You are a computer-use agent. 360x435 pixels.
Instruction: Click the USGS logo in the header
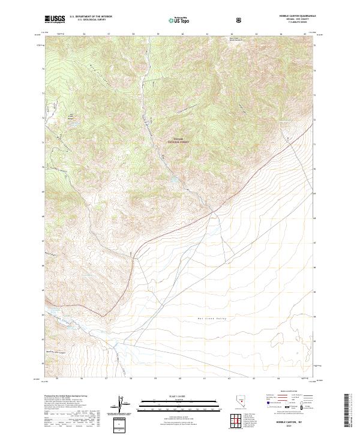pos(55,20)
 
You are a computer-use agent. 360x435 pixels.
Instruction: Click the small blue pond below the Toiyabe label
pos(173,178)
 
